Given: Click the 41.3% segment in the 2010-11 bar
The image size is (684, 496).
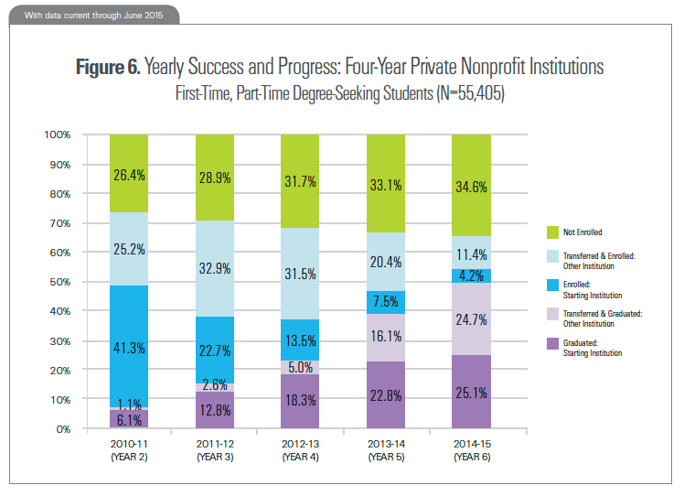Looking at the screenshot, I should click(x=129, y=346).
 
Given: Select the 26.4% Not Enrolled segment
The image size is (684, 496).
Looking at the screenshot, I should click(x=129, y=174).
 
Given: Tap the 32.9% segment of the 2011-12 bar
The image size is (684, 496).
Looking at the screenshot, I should click(x=215, y=269).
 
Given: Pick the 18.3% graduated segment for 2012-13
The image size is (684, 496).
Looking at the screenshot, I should click(x=301, y=402).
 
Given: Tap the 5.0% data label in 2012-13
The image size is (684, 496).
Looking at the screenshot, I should click(x=301, y=367).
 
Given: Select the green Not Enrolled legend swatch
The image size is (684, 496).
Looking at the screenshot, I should click(x=553, y=232).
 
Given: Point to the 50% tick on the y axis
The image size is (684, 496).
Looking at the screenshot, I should click(x=60, y=282).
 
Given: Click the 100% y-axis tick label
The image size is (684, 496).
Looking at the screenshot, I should click(x=57, y=135).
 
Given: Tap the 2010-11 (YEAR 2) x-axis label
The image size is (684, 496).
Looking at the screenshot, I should click(x=129, y=449).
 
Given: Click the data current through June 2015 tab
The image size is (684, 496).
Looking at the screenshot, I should click(x=91, y=16).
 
